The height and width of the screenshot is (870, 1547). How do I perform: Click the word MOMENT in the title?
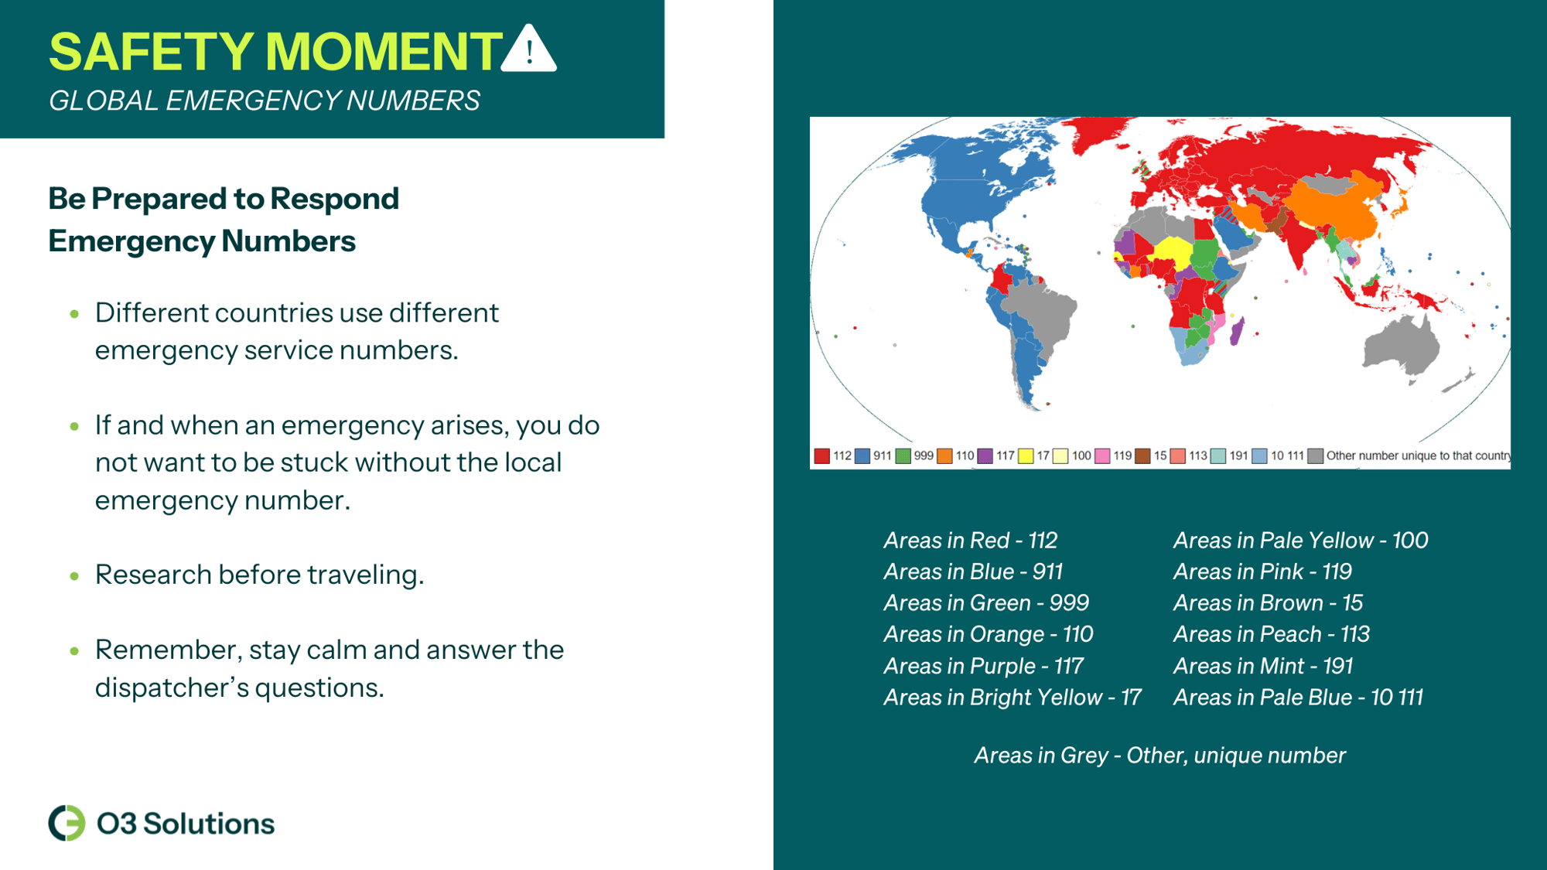click(x=384, y=52)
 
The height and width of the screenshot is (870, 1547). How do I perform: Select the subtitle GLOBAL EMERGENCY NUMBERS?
click(x=264, y=101)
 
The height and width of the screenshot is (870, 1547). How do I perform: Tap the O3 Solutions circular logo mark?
click(x=67, y=823)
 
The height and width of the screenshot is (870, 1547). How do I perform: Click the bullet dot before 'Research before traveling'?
click(x=74, y=575)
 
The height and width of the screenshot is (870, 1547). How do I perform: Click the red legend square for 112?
click(x=821, y=456)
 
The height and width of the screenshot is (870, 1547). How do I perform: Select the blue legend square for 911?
click(x=862, y=456)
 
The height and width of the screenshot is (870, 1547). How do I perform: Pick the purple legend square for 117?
click(x=985, y=456)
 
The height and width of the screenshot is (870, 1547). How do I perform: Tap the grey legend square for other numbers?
click(x=1315, y=456)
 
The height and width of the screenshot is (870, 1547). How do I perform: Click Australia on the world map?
click(x=1400, y=345)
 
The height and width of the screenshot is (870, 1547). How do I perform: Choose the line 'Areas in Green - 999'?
click(x=986, y=602)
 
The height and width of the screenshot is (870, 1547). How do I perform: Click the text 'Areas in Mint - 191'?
click(x=1262, y=666)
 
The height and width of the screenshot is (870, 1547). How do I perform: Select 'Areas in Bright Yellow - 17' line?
click(x=1012, y=698)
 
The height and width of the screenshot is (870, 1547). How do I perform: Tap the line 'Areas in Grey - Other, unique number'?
click(x=1159, y=756)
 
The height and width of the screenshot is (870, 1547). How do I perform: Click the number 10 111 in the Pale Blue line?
click(x=1396, y=698)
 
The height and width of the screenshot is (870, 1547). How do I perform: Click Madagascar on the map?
click(x=1237, y=332)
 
